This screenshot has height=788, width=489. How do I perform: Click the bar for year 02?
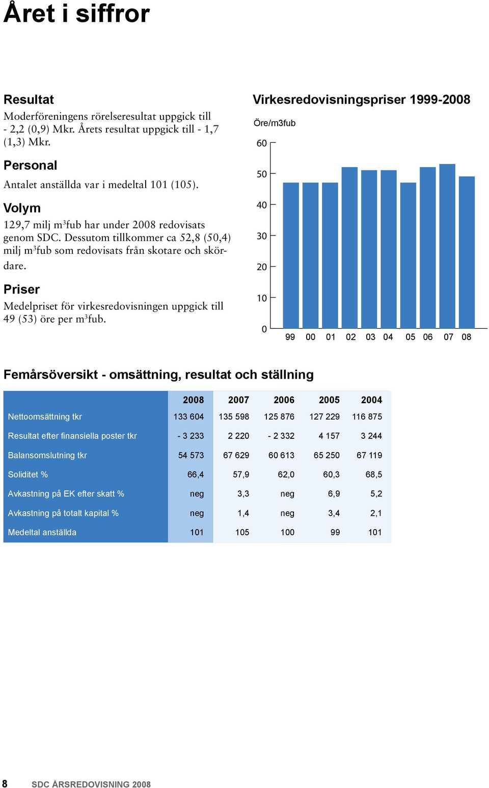tap(349, 248)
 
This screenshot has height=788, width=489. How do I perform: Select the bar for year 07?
tap(447, 246)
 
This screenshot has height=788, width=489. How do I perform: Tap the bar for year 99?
tap(291, 255)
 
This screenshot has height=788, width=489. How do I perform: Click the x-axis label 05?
tap(410, 337)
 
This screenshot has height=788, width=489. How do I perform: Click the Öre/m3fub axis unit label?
tap(275, 123)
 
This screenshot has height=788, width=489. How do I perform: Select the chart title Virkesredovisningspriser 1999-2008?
tap(361, 99)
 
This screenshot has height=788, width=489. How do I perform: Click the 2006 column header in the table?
tap(284, 400)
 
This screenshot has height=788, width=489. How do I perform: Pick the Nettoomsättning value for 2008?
tap(188, 416)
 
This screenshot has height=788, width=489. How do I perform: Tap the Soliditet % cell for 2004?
tap(374, 475)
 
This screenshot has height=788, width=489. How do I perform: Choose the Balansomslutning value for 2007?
tap(236, 455)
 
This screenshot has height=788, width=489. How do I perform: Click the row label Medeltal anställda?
tap(42, 532)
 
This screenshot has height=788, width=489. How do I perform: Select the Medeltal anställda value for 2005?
tap(335, 532)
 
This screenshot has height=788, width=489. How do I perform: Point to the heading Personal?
tap(30, 165)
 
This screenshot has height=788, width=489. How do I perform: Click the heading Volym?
tap(22, 208)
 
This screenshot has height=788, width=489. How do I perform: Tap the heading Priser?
tap(21, 289)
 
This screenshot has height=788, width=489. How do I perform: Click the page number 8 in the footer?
tap(5, 783)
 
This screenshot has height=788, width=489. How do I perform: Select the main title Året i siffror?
tap(76, 13)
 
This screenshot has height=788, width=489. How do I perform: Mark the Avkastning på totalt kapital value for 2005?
tap(334, 513)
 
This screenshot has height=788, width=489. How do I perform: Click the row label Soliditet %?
tap(28, 475)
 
